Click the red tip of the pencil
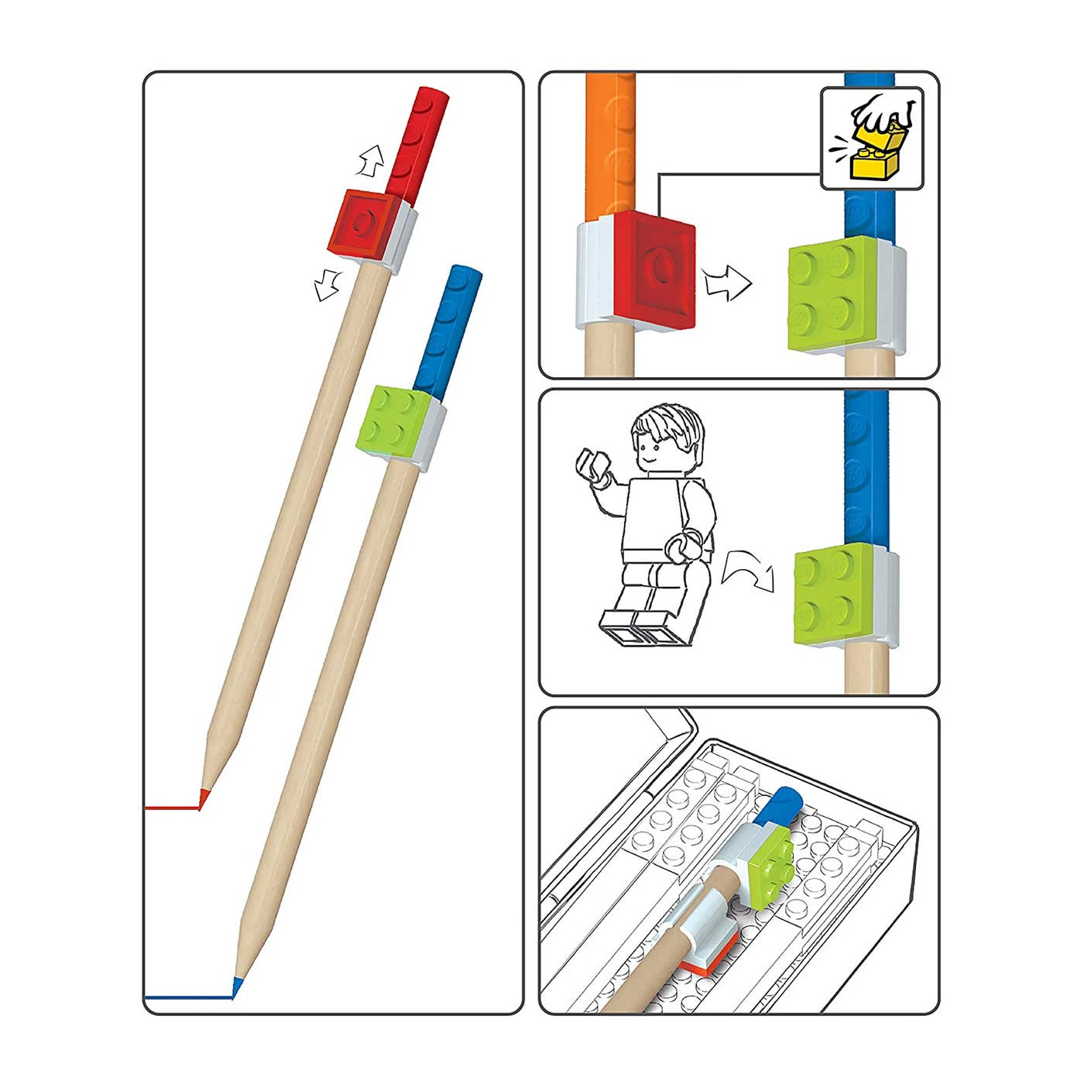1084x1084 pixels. point(203,796)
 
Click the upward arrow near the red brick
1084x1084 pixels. point(372,160)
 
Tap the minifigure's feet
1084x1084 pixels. point(647,626)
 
